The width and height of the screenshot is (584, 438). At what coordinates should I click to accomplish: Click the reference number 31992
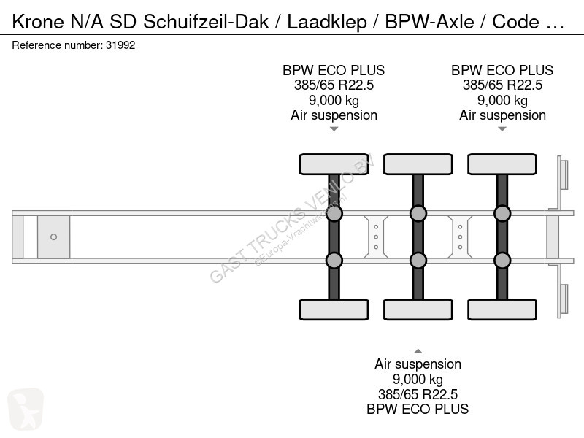[x=120, y=45]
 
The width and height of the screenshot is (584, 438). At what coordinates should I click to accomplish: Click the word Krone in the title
[x=38, y=22]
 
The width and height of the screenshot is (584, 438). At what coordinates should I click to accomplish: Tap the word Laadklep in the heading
[x=326, y=23]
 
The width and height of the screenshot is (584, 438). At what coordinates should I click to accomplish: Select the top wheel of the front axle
[x=334, y=164]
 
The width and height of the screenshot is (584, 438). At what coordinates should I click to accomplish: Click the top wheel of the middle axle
[x=418, y=164]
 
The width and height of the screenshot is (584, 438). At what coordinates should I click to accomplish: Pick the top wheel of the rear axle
[x=502, y=164]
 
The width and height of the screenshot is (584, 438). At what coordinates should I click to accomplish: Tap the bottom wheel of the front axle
[x=334, y=310]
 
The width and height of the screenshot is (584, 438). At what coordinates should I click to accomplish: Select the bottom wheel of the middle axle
[x=418, y=310]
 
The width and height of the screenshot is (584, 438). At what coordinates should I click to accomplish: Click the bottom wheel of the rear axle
[x=502, y=310]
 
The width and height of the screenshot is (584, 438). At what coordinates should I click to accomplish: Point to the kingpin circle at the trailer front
[x=53, y=237]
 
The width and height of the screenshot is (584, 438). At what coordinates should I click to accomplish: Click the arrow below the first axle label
[x=334, y=129]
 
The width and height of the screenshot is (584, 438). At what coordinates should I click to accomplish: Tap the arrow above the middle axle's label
[x=418, y=351]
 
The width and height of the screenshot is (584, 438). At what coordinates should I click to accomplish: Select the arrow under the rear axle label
[x=502, y=129]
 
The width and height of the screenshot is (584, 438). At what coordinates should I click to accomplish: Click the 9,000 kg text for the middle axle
[x=418, y=379]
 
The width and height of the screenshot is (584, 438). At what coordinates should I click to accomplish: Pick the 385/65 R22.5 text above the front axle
[x=334, y=85]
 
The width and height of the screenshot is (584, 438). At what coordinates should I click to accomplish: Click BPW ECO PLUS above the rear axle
[x=502, y=70]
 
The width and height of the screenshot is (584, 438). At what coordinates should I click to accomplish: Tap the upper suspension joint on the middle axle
[x=418, y=214]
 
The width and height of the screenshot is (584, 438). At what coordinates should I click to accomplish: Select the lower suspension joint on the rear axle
[x=502, y=261]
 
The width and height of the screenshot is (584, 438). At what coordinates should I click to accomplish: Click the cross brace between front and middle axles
[x=376, y=237]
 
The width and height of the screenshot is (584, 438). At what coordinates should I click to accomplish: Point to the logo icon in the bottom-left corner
[x=26, y=409]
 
